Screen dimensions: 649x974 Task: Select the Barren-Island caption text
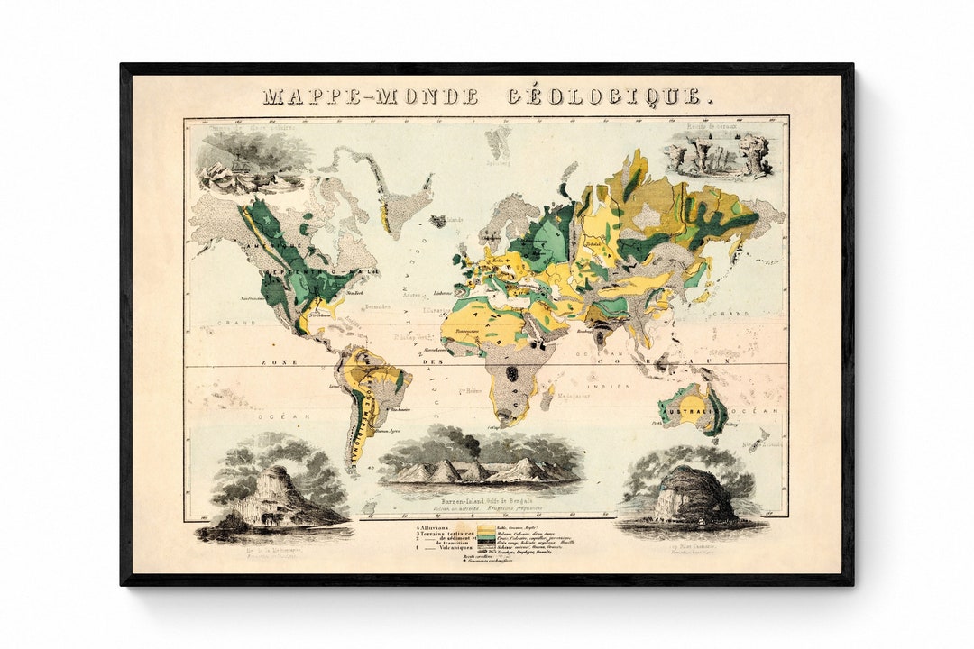(x=486, y=498)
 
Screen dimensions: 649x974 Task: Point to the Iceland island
(x=440, y=220)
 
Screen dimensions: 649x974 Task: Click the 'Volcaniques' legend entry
(x=446, y=551)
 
